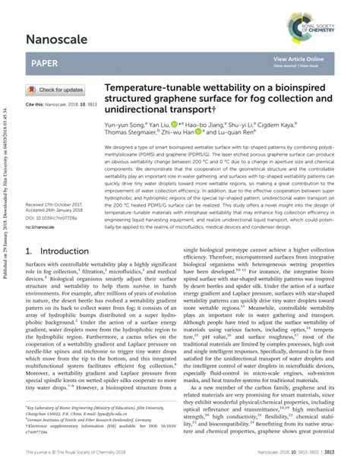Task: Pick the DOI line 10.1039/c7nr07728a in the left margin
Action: click(50, 219)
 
